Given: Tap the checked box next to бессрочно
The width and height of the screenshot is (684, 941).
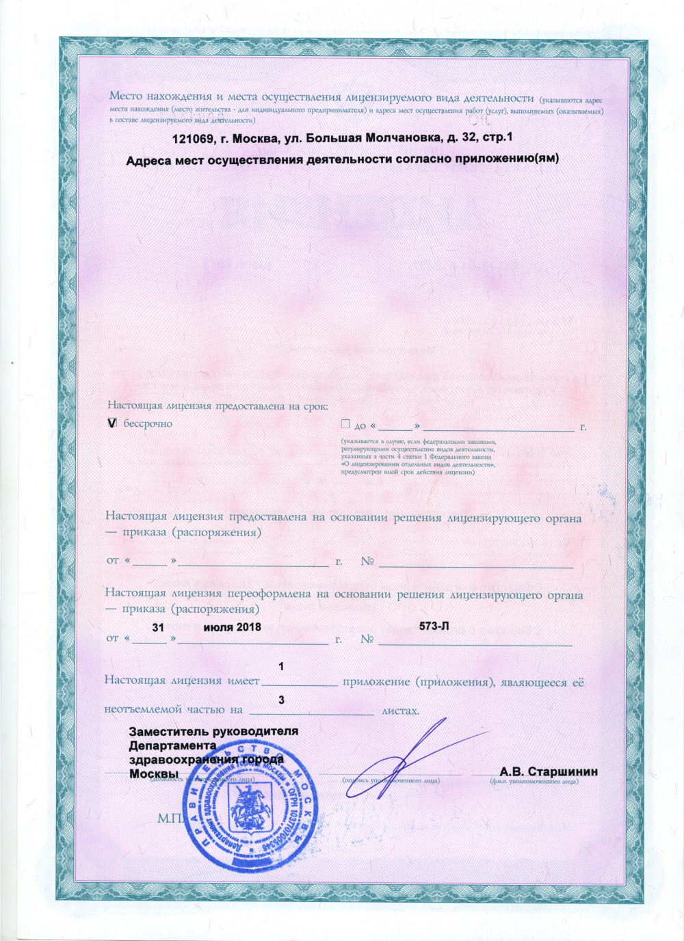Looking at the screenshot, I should [x=113, y=424].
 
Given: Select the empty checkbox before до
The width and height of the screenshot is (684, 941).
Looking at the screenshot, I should [x=345, y=424].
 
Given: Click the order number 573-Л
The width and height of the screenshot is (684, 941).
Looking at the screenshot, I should [x=434, y=626].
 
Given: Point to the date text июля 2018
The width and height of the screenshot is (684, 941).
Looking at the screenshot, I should [x=233, y=627].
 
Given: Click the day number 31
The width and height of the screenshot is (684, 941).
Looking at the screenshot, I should [x=158, y=627].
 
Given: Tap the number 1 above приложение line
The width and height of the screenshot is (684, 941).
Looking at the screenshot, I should [x=282, y=666].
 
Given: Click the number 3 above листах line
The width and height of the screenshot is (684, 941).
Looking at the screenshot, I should [x=282, y=700].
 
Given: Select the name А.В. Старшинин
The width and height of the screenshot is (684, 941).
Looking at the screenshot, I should [x=549, y=771].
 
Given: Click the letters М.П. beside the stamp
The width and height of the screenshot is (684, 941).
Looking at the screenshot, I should [x=170, y=819].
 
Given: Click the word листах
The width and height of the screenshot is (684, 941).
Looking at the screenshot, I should [x=400, y=711].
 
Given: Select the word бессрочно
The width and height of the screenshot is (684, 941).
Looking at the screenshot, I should [x=148, y=424].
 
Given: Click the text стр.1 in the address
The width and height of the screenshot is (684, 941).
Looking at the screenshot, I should [x=497, y=137].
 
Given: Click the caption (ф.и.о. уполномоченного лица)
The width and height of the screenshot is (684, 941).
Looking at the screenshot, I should [x=534, y=781].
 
